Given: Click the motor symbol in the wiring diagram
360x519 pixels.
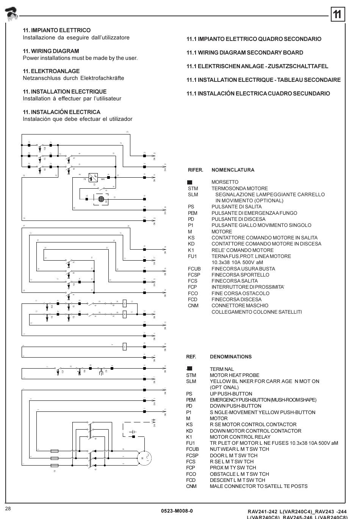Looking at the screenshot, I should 143,458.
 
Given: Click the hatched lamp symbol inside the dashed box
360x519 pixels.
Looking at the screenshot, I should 101,199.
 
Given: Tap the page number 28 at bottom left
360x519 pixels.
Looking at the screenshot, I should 8,508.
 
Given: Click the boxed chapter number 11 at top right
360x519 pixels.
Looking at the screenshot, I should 337,14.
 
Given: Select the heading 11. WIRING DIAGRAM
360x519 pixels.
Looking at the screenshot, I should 51,51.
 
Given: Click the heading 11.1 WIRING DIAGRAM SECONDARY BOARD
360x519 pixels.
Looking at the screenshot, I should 244,53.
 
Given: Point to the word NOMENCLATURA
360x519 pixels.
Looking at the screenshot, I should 233,170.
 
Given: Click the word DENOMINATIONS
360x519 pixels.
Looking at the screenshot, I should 230,357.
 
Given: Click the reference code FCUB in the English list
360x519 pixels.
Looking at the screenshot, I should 193,449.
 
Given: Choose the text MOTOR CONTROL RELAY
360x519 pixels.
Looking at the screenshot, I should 240,437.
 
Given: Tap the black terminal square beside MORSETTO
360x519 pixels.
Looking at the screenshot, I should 190,182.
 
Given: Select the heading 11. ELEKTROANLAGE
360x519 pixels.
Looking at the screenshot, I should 51,71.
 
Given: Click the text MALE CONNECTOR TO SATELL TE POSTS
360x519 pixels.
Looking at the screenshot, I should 258,486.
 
